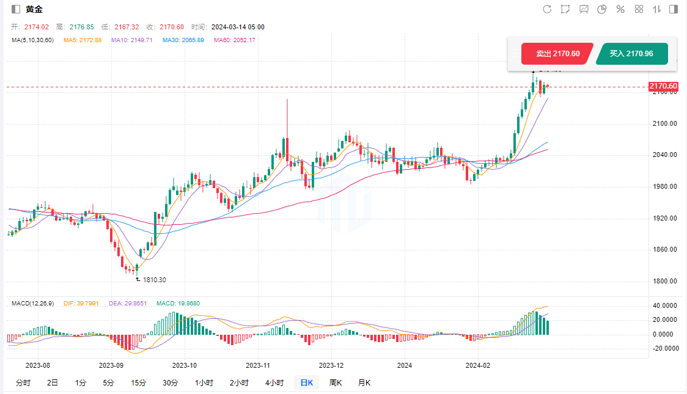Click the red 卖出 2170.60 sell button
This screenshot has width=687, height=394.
pyautogui.click(x=557, y=54)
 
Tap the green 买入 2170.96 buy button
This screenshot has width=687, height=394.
pyautogui.click(x=631, y=54)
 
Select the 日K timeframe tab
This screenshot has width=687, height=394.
pyautogui.click(x=306, y=383)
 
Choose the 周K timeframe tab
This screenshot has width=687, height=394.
pyautogui.click(x=336, y=383)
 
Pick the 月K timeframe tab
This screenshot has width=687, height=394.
pyautogui.click(x=364, y=383)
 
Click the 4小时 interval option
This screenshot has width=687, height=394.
pyautogui.click(x=274, y=383)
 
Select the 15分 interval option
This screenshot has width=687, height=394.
pyautogui.click(x=139, y=383)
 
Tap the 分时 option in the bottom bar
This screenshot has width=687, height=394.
pyautogui.click(x=23, y=383)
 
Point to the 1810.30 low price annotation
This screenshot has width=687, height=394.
pyautogui.click(x=154, y=280)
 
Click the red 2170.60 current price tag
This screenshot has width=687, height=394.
pyautogui.click(x=663, y=86)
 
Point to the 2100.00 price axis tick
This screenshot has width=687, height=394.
pyautogui.click(x=664, y=123)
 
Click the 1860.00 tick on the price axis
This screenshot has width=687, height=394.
pyautogui.click(x=664, y=250)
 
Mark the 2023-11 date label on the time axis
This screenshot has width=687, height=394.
pyautogui.click(x=257, y=365)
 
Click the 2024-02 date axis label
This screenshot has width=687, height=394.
pyautogui.click(x=478, y=365)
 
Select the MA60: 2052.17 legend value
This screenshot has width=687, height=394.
pyautogui.click(x=235, y=40)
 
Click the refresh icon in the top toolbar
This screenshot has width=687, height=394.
pyautogui.click(x=547, y=9)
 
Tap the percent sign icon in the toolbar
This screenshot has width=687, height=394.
pyautogui.click(x=620, y=9)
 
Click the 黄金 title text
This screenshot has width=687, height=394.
pyautogui.click(x=34, y=9)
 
